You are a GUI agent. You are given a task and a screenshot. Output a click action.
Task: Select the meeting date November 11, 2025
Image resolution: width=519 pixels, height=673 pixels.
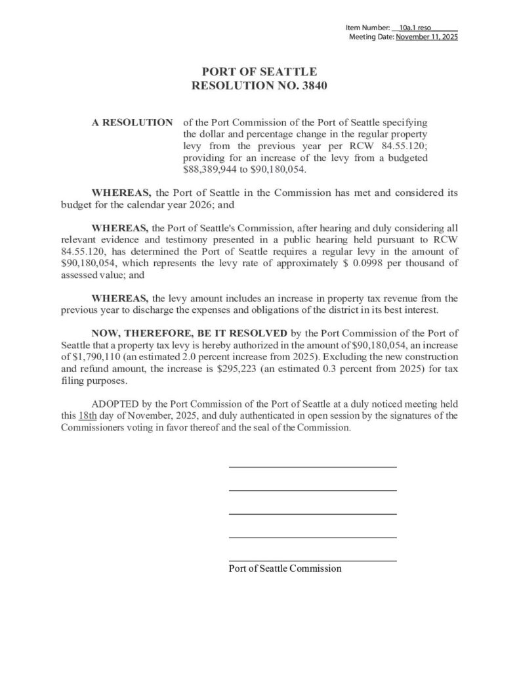pyautogui.click(x=426, y=37)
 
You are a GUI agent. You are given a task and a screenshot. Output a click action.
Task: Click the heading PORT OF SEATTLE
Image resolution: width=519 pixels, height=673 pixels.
pyautogui.click(x=259, y=72)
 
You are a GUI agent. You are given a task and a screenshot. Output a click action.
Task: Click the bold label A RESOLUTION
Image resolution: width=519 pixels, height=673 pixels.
pyautogui.click(x=132, y=123)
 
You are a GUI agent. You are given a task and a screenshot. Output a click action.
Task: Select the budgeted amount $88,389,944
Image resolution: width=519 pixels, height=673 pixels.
pyautogui.click(x=209, y=169)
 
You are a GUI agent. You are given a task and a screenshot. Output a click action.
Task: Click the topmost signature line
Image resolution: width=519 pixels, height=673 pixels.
pyautogui.click(x=312, y=467)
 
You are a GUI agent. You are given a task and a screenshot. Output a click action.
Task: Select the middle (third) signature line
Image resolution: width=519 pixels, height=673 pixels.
pyautogui.click(x=312, y=514)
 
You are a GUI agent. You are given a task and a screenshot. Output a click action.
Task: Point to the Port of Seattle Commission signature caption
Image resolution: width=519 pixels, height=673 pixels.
pyautogui.click(x=285, y=568)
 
